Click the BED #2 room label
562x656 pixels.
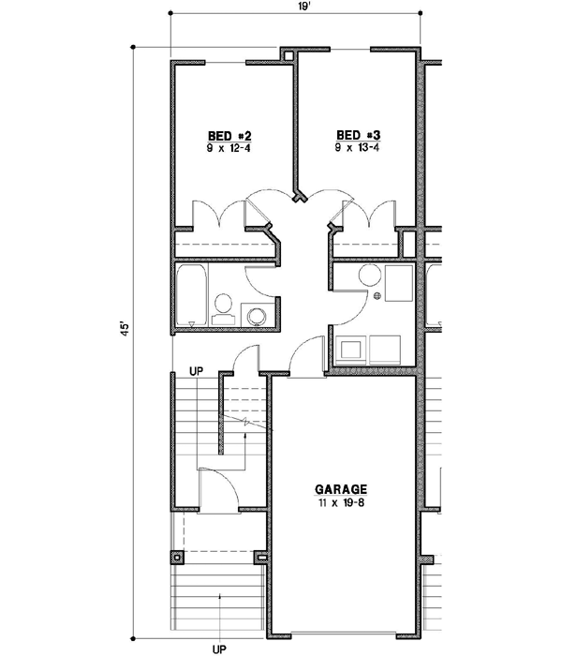coord(229,135)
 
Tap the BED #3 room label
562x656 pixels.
coord(357,135)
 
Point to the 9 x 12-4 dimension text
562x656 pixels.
coord(229,147)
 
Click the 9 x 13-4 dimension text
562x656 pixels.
coord(357,147)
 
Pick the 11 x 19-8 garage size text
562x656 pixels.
coord(341,503)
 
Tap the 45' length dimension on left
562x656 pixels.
coord(123,333)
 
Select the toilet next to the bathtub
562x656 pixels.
coord(224,306)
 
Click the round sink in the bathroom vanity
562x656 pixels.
coord(256,315)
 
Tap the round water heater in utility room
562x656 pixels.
coord(370,276)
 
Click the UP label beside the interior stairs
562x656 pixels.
coord(198,371)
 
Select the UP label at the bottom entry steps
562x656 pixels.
coord(219,647)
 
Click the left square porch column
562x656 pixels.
coord(176,556)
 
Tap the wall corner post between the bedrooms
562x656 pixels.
coord(299,197)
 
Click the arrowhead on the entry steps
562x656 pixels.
coord(219,596)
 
